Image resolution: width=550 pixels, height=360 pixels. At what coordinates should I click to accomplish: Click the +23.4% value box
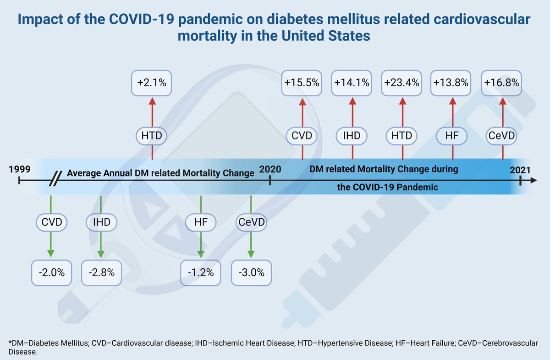(402, 83)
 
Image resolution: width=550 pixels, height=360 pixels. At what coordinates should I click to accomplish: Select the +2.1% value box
(151, 83)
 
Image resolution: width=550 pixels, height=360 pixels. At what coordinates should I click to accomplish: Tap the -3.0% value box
(252, 272)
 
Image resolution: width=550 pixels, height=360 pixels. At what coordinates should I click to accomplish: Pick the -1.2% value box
(201, 272)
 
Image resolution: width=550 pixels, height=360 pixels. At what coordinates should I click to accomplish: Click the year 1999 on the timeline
(19, 169)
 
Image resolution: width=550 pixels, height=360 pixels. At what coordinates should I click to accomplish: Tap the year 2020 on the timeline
(270, 169)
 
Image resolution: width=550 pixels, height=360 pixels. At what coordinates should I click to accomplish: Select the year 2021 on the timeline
(520, 170)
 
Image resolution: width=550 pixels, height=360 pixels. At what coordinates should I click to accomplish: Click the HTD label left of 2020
(151, 136)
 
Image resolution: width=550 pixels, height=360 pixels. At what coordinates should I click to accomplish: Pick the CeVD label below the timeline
(251, 222)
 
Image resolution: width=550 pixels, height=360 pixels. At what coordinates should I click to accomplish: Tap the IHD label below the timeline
(101, 222)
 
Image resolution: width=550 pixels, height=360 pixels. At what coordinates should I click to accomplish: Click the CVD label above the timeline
(302, 136)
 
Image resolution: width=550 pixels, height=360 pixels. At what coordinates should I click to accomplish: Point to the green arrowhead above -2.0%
(50, 253)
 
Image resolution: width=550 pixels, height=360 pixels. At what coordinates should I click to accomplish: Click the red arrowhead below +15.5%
(302, 102)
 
